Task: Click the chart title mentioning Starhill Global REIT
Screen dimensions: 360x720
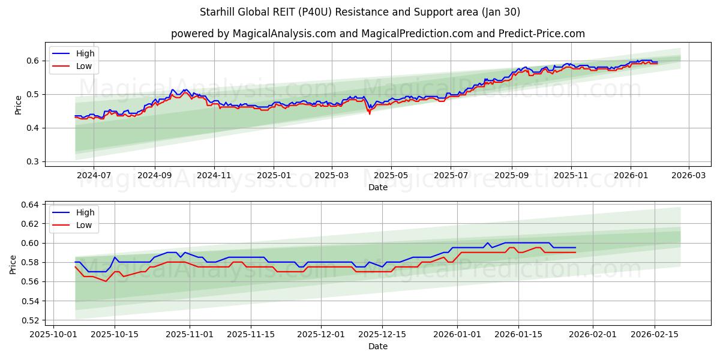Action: [x=360, y=12]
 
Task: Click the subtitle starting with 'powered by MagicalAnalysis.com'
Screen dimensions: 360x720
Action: [x=378, y=34]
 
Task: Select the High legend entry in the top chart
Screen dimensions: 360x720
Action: [x=85, y=53]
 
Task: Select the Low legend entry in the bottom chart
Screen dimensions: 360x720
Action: [x=83, y=225]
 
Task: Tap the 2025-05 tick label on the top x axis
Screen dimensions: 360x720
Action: [x=391, y=175]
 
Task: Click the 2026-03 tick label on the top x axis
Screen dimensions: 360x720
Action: [x=688, y=175]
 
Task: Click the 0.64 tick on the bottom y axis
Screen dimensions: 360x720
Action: [x=30, y=205]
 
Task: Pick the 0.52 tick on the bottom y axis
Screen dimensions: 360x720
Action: [x=30, y=320]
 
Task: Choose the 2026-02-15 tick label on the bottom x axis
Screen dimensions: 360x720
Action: [x=653, y=334]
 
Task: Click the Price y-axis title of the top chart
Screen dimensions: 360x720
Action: [x=18, y=104]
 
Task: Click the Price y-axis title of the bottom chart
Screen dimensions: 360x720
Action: [x=13, y=264]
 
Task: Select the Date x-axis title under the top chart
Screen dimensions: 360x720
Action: [x=378, y=187]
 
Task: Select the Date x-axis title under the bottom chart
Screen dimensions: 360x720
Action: [x=378, y=346]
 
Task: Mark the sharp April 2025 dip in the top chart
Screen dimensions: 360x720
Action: [x=370, y=113]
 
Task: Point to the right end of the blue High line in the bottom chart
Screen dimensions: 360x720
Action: [x=575, y=247]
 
